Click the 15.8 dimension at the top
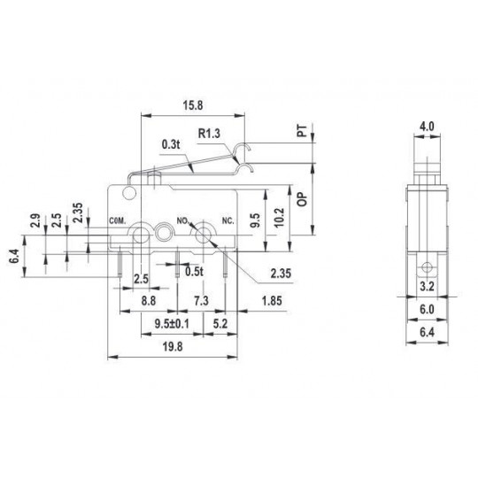click(193, 105)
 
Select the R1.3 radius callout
click(209, 134)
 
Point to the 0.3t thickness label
click(171, 144)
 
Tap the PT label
click(302, 130)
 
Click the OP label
click(302, 199)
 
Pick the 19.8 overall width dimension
click(173, 347)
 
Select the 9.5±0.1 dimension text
click(172, 324)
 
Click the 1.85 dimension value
click(272, 301)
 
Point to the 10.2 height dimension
click(280, 218)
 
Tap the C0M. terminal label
click(118, 221)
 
